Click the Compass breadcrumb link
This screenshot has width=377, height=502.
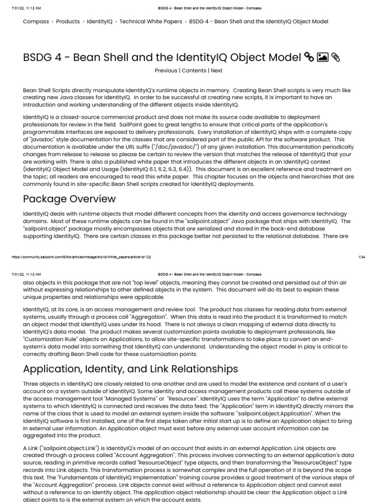36,22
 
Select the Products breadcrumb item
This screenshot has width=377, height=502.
68,22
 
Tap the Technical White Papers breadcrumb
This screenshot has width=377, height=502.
150,22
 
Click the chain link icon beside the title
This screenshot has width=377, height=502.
309,57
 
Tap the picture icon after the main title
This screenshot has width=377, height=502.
323,57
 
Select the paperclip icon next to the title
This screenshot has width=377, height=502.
336,57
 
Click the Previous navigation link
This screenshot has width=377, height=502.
166,71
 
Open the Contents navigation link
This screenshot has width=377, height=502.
194,71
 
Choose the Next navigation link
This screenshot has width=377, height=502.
216,71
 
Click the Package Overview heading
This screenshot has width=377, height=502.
70,199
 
